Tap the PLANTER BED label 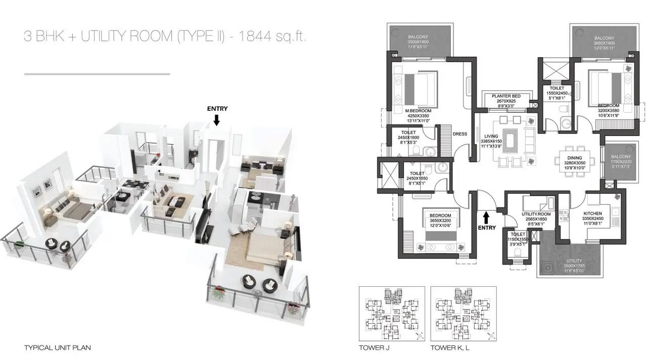tap(506, 96)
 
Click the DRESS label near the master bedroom tap(460, 134)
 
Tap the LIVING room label tap(490, 136)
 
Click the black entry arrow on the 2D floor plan tap(486, 217)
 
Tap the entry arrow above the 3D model tap(217, 120)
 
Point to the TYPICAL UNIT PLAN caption tap(57, 348)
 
